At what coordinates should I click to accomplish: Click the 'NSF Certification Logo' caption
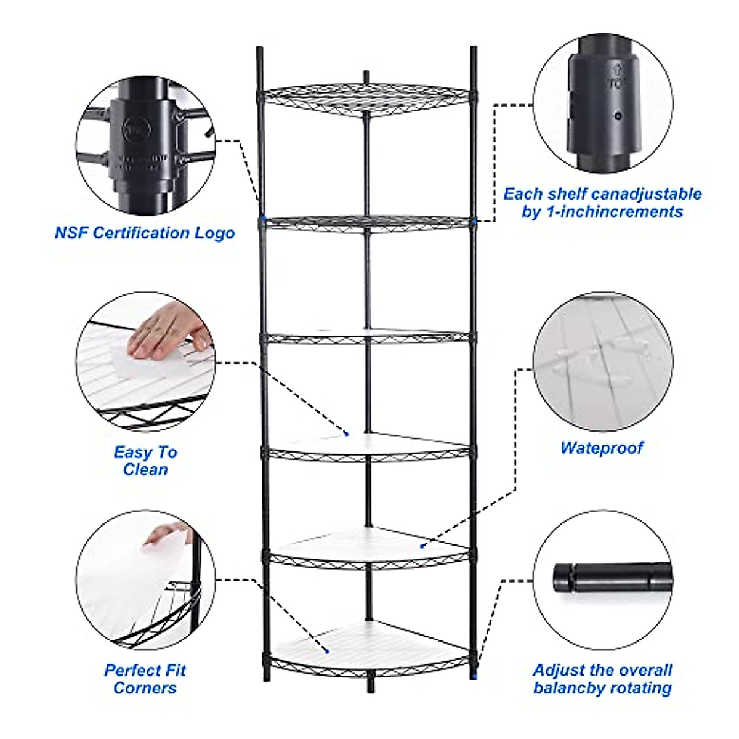pyautogui.click(x=145, y=233)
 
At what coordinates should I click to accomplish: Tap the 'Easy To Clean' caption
pyautogui.click(x=145, y=461)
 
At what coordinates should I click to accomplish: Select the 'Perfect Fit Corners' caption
pyautogui.click(x=145, y=679)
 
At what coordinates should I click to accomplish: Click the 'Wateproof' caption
pyautogui.click(x=602, y=448)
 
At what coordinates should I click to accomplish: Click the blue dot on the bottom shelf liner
pyautogui.click(x=327, y=651)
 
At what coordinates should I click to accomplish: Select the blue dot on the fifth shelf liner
pyautogui.click(x=422, y=545)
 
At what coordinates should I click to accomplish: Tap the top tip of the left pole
pyautogui.click(x=259, y=49)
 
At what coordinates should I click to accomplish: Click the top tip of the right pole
pyautogui.click(x=474, y=49)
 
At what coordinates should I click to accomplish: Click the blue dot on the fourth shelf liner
pyautogui.click(x=347, y=434)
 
